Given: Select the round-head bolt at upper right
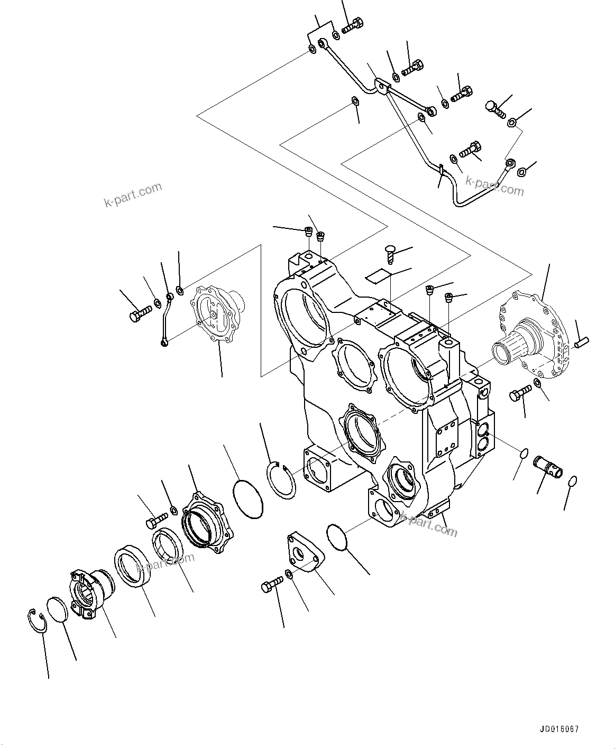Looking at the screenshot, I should point(494,109).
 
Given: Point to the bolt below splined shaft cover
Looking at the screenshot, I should point(520,394).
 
